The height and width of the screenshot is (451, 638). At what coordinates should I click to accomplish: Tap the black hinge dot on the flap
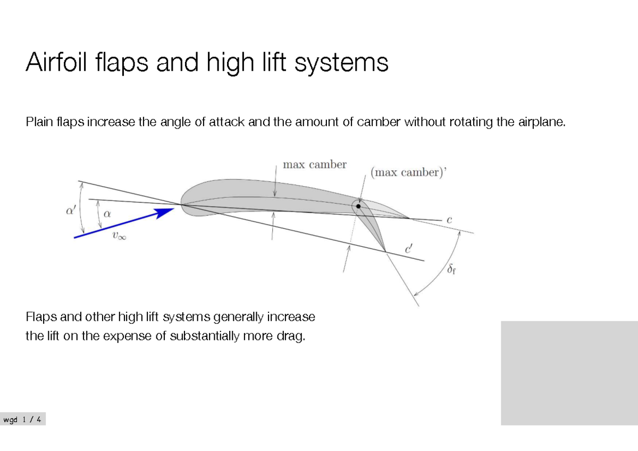358,206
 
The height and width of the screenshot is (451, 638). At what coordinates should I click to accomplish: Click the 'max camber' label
314,165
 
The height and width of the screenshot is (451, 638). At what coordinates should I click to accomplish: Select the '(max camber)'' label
407,173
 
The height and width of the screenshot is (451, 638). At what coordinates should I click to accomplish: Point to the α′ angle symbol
70,211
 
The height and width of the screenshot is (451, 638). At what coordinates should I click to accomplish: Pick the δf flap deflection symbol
451,270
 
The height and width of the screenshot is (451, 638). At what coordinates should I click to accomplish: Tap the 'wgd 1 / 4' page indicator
23,420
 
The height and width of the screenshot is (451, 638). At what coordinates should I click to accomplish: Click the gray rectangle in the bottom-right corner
569,372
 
